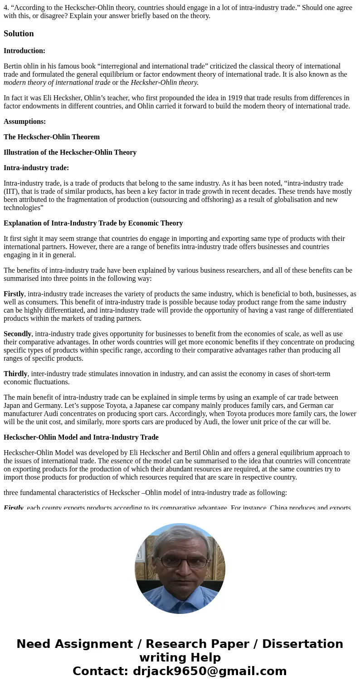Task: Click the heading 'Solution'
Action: [x=19, y=34]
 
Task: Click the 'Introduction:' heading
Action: [x=24, y=51]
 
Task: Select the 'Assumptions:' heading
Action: [x=24, y=122]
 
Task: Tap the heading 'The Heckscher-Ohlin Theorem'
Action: [x=52, y=137]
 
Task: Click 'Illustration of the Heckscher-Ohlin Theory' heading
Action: [x=70, y=152]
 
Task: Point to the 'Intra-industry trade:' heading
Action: [x=36, y=168]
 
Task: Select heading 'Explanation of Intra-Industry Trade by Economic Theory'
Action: [x=93, y=223]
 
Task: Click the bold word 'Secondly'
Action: [x=17, y=334]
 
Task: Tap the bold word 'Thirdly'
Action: [x=15, y=374]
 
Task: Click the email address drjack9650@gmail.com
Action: [x=209, y=671]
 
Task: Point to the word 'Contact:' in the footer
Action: [x=100, y=671]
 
